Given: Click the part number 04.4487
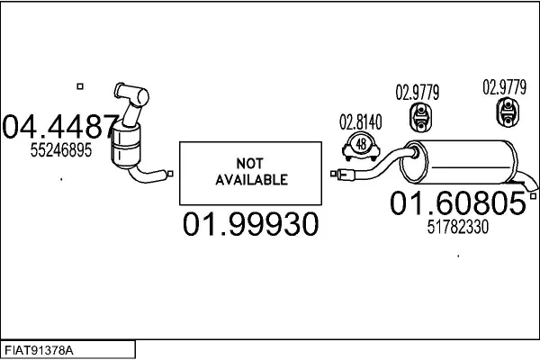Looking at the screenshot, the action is point(60,126).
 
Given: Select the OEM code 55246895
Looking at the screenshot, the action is point(61,150).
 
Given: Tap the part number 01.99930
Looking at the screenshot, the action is point(250,224).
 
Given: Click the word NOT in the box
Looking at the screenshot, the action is point(250,163).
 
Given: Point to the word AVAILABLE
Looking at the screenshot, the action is point(251,180).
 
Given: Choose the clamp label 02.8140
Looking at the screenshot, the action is point(361,122).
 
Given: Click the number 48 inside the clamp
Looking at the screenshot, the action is point(361,144).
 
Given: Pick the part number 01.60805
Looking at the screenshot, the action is point(458,203).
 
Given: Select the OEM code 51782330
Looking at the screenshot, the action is point(458,227).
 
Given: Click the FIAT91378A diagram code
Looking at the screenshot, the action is point(39,351).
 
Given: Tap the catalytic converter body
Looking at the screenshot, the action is point(126,146).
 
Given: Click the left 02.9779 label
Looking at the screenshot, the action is point(418,93).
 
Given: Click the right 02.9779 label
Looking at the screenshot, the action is point(505,87).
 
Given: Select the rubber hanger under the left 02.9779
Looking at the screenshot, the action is point(420,118).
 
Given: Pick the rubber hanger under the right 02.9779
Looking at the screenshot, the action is point(508,112).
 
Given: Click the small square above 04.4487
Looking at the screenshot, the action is point(80,86).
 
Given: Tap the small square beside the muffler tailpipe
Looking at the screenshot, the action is point(533,196).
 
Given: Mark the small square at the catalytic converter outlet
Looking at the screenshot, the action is point(170,174).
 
